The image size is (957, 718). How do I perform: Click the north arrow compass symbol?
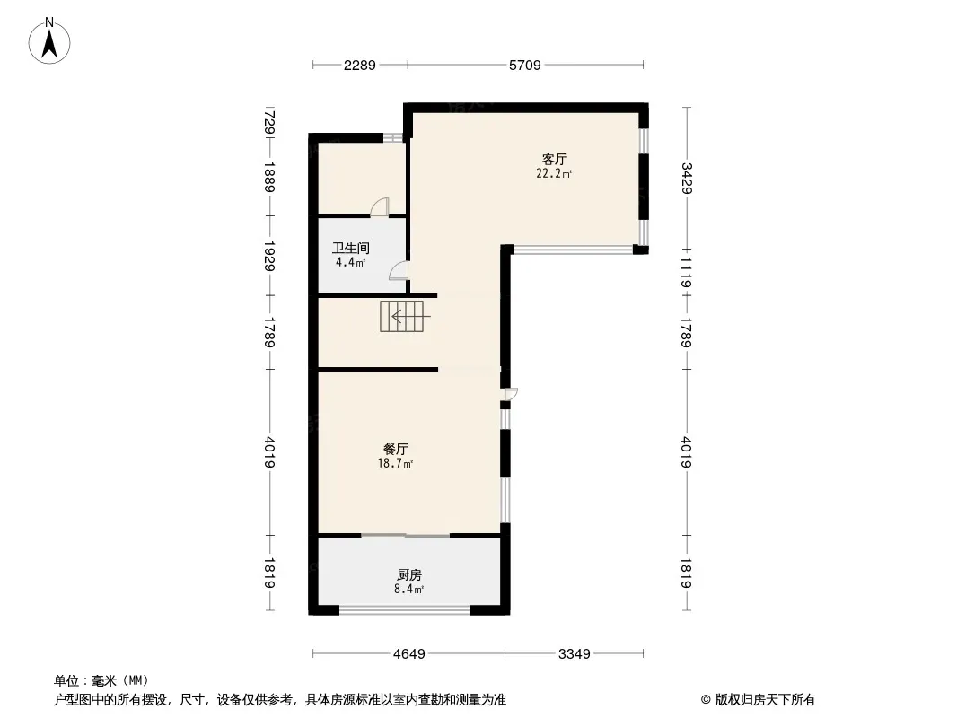[x=49, y=41]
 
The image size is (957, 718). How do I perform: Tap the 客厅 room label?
[x=554, y=159]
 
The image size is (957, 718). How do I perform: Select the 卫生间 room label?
[x=351, y=249]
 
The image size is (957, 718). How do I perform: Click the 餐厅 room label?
[x=396, y=449]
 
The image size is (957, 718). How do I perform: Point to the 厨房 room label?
[x=408, y=574]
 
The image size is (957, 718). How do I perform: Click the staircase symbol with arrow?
[x=401, y=316]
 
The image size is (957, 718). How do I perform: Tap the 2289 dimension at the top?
[x=359, y=66]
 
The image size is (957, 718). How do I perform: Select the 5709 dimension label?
[x=525, y=66]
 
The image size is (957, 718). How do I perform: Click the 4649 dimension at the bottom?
[x=408, y=654]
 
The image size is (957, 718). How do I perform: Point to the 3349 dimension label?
[x=575, y=654]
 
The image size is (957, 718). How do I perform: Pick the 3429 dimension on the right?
[x=687, y=178]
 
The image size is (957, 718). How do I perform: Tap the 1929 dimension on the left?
[x=270, y=256]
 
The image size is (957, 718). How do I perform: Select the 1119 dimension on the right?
[x=687, y=273]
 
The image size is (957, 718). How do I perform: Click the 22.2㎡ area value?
[x=554, y=173]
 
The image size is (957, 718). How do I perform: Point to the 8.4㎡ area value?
[x=408, y=589]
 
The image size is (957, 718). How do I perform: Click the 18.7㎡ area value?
[x=396, y=463]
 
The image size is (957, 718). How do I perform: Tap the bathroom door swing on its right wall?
[x=399, y=270]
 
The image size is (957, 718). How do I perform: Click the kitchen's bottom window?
[x=405, y=609]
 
